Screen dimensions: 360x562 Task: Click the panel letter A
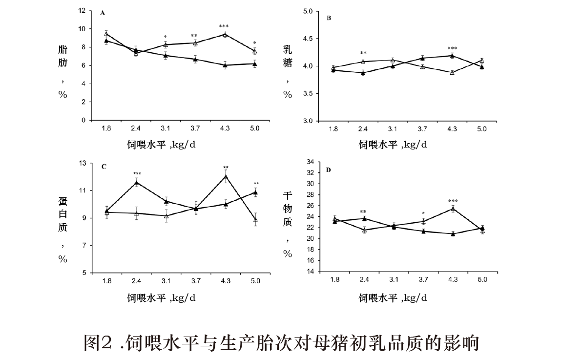click(x=103, y=13)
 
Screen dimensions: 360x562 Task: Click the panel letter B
click(x=329, y=18)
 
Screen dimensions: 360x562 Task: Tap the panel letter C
click(x=104, y=167)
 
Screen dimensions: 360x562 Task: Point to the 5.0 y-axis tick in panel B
click(x=308, y=11)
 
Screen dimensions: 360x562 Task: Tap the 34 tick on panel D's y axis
click(x=309, y=162)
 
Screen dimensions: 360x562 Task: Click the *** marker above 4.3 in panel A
click(x=224, y=26)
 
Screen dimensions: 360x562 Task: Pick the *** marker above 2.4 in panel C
click(x=137, y=174)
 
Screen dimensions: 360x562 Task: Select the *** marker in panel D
click(x=453, y=201)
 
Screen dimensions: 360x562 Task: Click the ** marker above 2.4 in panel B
click(x=363, y=53)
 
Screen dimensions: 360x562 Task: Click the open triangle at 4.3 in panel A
click(x=225, y=34)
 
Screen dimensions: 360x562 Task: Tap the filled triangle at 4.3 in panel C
click(x=226, y=177)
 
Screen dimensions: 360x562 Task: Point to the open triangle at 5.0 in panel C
click(x=255, y=219)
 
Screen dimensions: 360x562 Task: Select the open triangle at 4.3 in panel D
click(x=453, y=209)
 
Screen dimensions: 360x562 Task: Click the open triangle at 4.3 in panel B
click(x=452, y=72)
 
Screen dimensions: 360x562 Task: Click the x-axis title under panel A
click(x=164, y=144)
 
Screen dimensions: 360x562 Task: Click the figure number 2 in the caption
click(x=107, y=343)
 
